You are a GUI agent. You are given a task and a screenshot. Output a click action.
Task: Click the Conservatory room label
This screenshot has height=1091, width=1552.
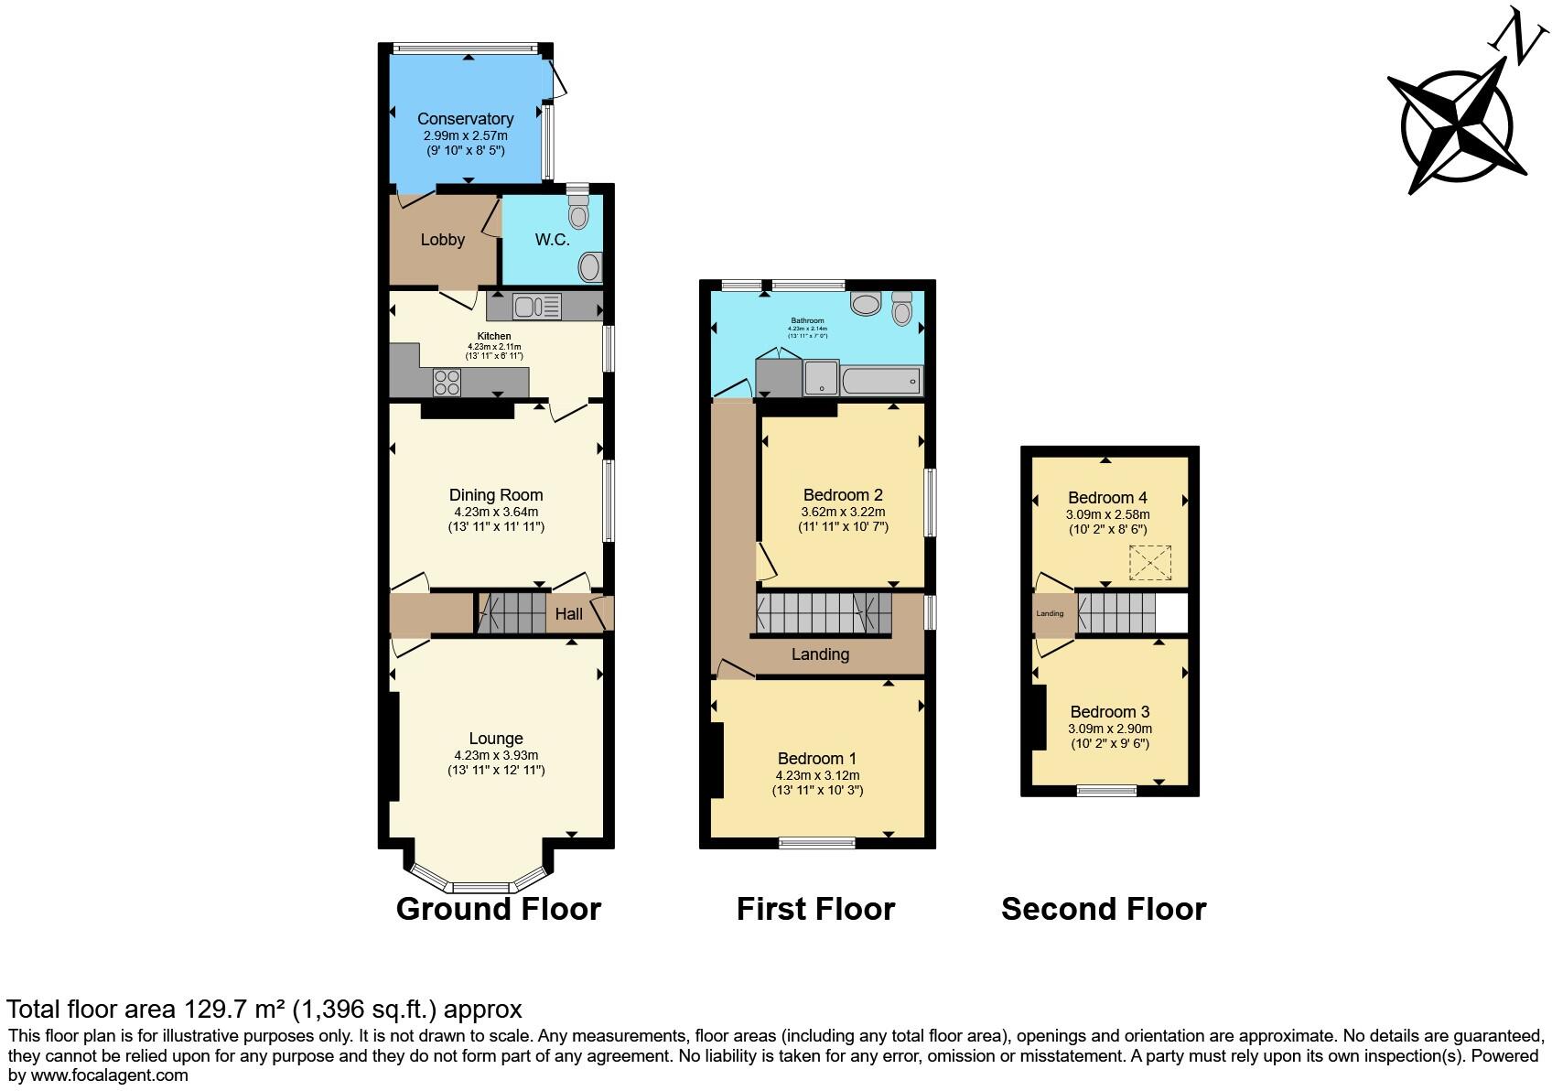pos(465,119)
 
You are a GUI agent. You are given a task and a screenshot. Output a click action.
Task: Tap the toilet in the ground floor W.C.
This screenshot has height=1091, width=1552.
pos(577,213)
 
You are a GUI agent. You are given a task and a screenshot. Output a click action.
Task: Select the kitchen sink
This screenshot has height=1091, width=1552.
pos(536,306)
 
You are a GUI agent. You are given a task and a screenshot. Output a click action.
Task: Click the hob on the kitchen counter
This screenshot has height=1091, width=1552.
pos(447,382)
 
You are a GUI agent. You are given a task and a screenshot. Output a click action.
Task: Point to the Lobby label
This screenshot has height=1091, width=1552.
pos(442,240)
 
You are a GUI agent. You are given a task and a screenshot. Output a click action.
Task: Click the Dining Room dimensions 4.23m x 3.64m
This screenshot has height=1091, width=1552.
pos(496,513)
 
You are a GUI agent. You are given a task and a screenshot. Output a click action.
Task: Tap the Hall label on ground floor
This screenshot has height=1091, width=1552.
pos(568,614)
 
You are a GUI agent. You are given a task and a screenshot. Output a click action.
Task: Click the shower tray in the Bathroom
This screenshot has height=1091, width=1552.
pos(822,378)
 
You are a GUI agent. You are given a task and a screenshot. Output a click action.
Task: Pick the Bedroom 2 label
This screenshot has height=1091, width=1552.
pos(843,495)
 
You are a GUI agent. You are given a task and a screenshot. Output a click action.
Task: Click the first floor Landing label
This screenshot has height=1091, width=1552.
pos(820,654)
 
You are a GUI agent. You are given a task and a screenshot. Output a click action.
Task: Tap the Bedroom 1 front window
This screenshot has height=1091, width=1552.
pos(817,843)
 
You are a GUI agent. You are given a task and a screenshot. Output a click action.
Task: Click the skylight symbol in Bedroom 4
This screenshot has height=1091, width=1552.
pos(1150,562)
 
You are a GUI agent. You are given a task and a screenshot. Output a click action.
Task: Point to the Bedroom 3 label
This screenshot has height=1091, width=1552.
pos(1110,712)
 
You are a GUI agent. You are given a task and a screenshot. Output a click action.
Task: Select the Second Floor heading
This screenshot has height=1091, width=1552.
pos(1104,909)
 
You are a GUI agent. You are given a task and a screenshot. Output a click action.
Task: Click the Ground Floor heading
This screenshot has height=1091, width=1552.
pos(498,909)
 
